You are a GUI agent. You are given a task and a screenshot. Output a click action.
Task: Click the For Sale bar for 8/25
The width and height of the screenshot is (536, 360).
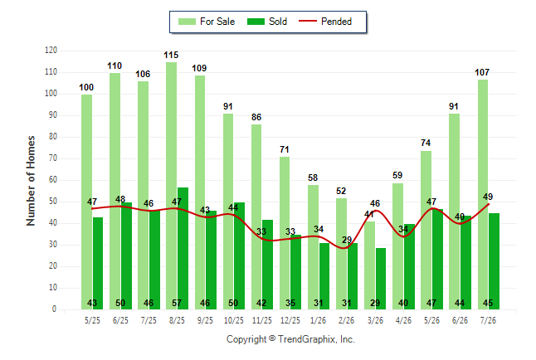172,186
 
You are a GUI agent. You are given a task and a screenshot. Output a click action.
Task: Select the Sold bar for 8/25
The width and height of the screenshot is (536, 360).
183,248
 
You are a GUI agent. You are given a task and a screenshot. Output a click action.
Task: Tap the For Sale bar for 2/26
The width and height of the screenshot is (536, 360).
341,254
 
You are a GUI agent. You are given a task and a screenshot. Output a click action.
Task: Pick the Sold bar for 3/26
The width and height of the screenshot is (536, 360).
381,279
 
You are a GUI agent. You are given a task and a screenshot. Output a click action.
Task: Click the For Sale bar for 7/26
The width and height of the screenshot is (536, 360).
483,195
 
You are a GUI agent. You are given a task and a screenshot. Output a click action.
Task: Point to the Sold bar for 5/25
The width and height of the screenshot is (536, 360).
98,263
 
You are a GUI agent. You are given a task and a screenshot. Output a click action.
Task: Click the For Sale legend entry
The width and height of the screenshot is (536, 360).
207,22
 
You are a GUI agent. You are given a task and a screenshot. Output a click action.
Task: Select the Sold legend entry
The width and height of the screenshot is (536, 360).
267,22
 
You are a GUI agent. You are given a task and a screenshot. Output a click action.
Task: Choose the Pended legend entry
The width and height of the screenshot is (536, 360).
325,22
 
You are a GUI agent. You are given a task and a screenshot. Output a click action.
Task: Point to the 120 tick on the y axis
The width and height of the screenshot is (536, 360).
51,51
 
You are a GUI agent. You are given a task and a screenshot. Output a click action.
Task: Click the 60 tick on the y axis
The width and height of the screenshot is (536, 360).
53,180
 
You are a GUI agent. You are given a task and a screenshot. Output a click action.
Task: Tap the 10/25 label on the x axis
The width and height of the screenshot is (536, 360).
234,320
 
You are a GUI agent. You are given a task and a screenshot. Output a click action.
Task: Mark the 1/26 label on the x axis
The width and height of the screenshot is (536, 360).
319,320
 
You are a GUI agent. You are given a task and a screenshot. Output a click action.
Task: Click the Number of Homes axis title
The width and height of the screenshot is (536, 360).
31,181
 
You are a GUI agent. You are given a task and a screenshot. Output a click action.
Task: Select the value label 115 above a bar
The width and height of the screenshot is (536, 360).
171,55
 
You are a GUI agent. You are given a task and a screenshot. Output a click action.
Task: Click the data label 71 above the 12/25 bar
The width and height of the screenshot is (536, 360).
285,149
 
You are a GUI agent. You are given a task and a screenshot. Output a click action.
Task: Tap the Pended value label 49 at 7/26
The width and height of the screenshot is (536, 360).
488,197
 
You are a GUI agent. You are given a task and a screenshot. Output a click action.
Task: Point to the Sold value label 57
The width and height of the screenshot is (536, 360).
177,303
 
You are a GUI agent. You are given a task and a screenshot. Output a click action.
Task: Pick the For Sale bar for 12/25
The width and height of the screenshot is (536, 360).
285,233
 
